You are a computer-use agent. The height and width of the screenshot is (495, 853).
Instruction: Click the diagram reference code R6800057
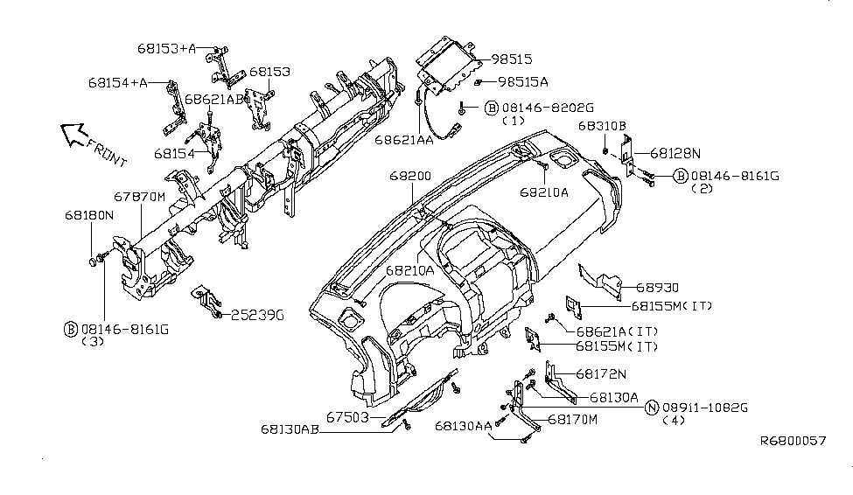coord(792,441)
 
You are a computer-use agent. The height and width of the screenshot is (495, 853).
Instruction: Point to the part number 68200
coord(410,176)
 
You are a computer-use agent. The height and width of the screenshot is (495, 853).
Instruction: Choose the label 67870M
coord(139,197)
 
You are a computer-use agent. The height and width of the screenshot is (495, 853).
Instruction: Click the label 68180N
coord(88,213)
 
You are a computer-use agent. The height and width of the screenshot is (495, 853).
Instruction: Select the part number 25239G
coord(257,314)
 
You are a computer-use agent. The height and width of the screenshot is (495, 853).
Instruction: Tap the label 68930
coord(659,287)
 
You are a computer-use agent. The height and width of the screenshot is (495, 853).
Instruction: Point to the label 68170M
coord(573,420)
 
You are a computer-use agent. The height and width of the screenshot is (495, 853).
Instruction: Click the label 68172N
coord(601,374)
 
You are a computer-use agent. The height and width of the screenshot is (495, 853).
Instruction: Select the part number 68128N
coord(675,152)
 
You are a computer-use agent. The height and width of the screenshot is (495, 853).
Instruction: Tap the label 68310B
coord(602,125)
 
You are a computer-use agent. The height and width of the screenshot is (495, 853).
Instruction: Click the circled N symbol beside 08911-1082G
coord(651,408)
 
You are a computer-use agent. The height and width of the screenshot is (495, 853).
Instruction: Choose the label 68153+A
coord(167,48)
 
